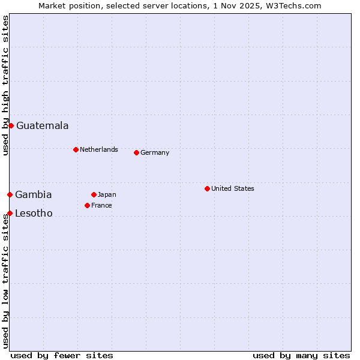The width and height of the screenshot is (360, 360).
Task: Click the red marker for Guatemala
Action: (11, 125)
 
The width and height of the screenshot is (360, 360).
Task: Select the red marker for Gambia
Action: (10, 194)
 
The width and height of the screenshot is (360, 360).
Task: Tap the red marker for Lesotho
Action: (10, 213)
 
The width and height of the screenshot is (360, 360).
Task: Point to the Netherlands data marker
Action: (76, 149)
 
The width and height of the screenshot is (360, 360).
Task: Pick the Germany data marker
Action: (136, 152)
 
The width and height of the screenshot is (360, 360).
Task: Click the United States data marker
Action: (207, 188)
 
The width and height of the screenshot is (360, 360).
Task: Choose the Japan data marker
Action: (94, 194)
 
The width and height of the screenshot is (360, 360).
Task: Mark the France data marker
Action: (87, 205)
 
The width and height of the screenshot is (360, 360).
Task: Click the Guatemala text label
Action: (42, 125)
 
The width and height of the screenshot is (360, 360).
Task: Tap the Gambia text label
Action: (34, 194)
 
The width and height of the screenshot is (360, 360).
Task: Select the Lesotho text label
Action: (34, 213)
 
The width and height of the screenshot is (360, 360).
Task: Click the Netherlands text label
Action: (99, 149)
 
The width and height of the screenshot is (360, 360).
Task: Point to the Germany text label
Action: (155, 152)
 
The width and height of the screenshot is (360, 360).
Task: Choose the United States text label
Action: (233, 188)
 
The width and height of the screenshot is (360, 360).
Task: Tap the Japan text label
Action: (107, 194)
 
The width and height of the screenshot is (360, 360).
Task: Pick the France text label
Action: (101, 205)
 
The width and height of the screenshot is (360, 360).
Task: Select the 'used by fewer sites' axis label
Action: (62, 355)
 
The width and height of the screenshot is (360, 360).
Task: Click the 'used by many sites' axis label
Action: (301, 355)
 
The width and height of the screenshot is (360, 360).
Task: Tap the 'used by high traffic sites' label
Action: (5, 85)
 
